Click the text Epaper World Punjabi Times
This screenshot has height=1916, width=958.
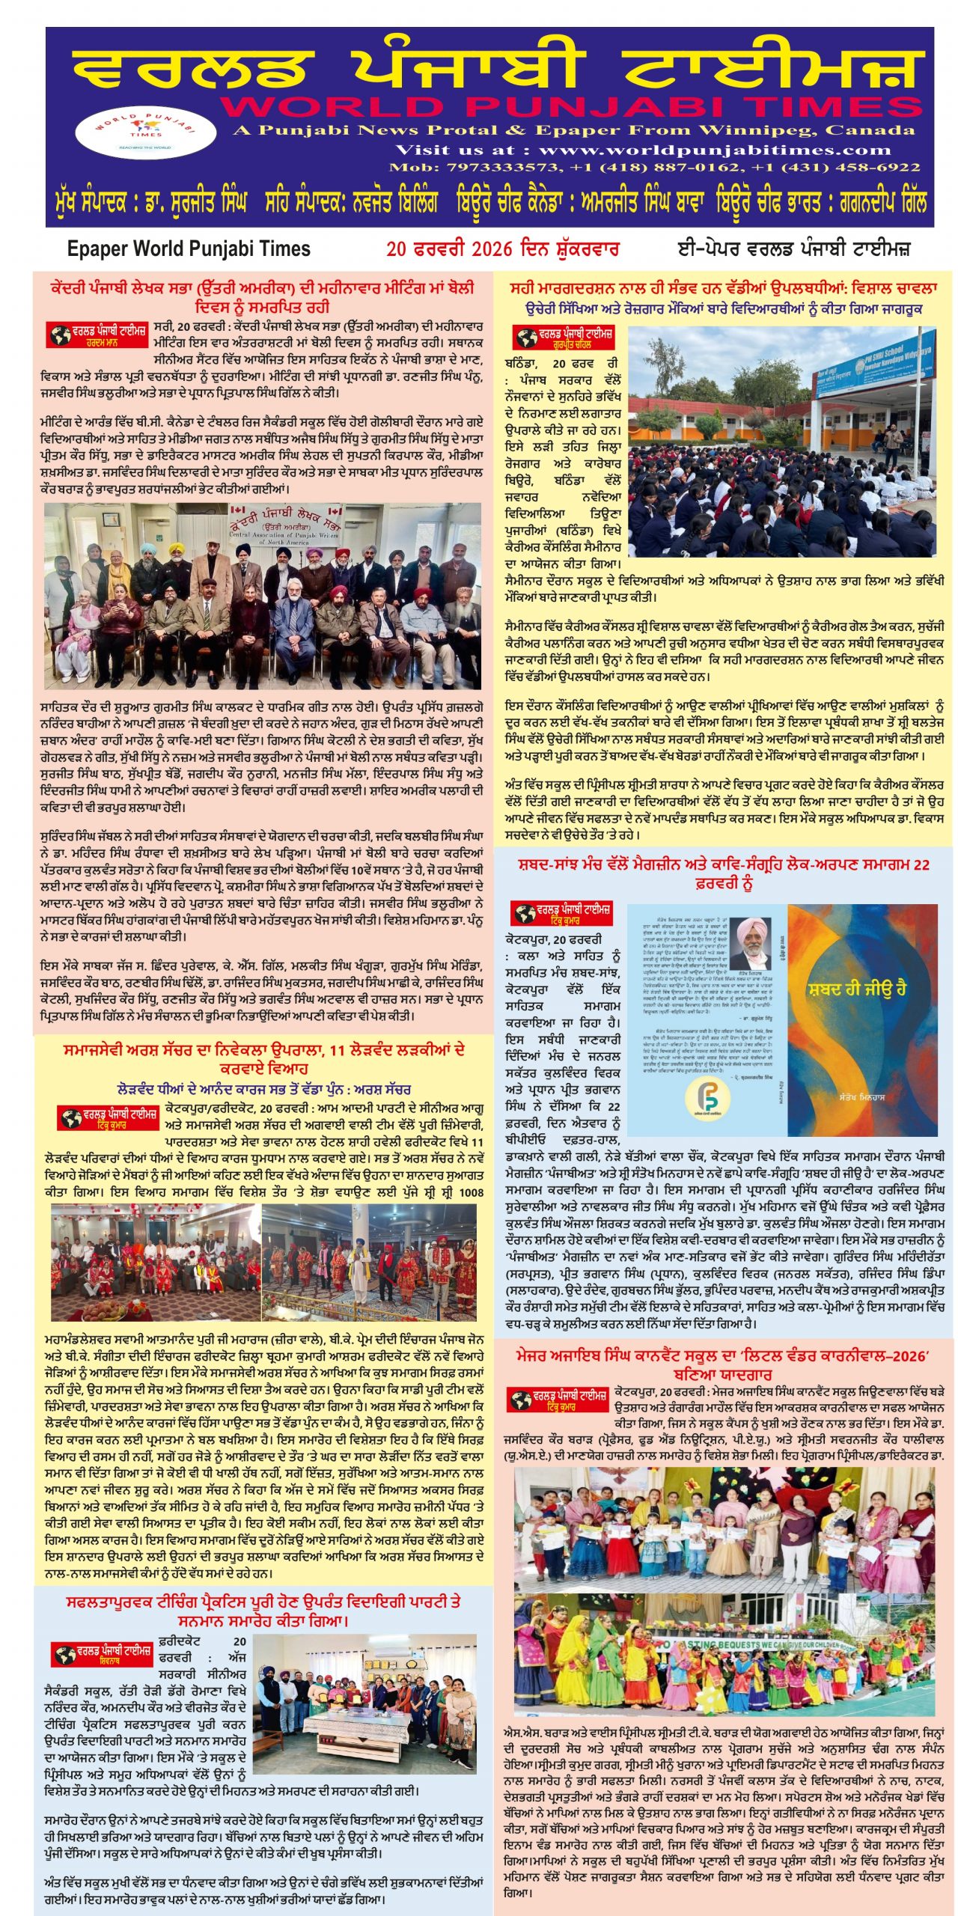[x=189, y=249]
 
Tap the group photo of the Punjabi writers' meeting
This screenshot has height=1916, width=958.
[x=263, y=596]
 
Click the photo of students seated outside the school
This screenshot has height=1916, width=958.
[x=781, y=442]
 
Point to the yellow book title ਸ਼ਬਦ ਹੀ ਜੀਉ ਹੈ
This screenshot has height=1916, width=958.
[x=858, y=989]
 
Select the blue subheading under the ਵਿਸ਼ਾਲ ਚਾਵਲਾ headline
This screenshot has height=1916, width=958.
[x=723, y=309]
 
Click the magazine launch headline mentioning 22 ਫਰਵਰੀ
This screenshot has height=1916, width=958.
[x=723, y=873]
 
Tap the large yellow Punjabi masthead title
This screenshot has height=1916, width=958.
[x=494, y=70]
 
